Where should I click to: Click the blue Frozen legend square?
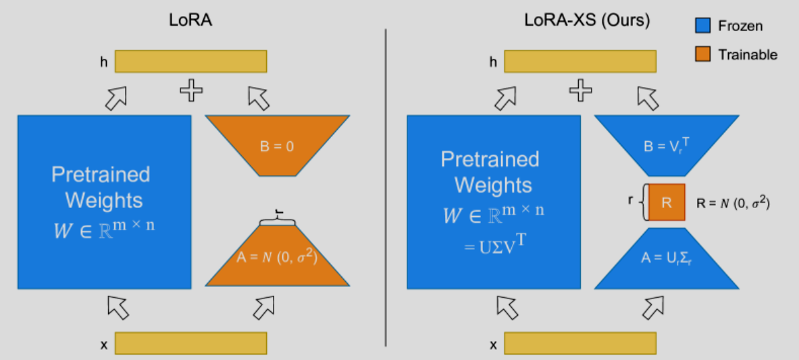[x=702, y=26]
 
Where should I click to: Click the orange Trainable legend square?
[x=702, y=55]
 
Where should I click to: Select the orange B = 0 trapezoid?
[x=277, y=145]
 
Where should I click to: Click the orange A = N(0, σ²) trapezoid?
[x=277, y=257]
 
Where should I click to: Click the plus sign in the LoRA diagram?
[x=191, y=91]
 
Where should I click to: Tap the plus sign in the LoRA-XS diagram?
[x=579, y=91]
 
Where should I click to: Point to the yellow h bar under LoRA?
[x=190, y=61]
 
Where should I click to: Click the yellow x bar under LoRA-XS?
[x=579, y=343]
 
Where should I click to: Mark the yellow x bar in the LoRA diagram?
[x=190, y=343]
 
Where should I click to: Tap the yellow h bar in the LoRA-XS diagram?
[x=579, y=61]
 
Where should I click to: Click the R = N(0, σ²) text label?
[x=733, y=202]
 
